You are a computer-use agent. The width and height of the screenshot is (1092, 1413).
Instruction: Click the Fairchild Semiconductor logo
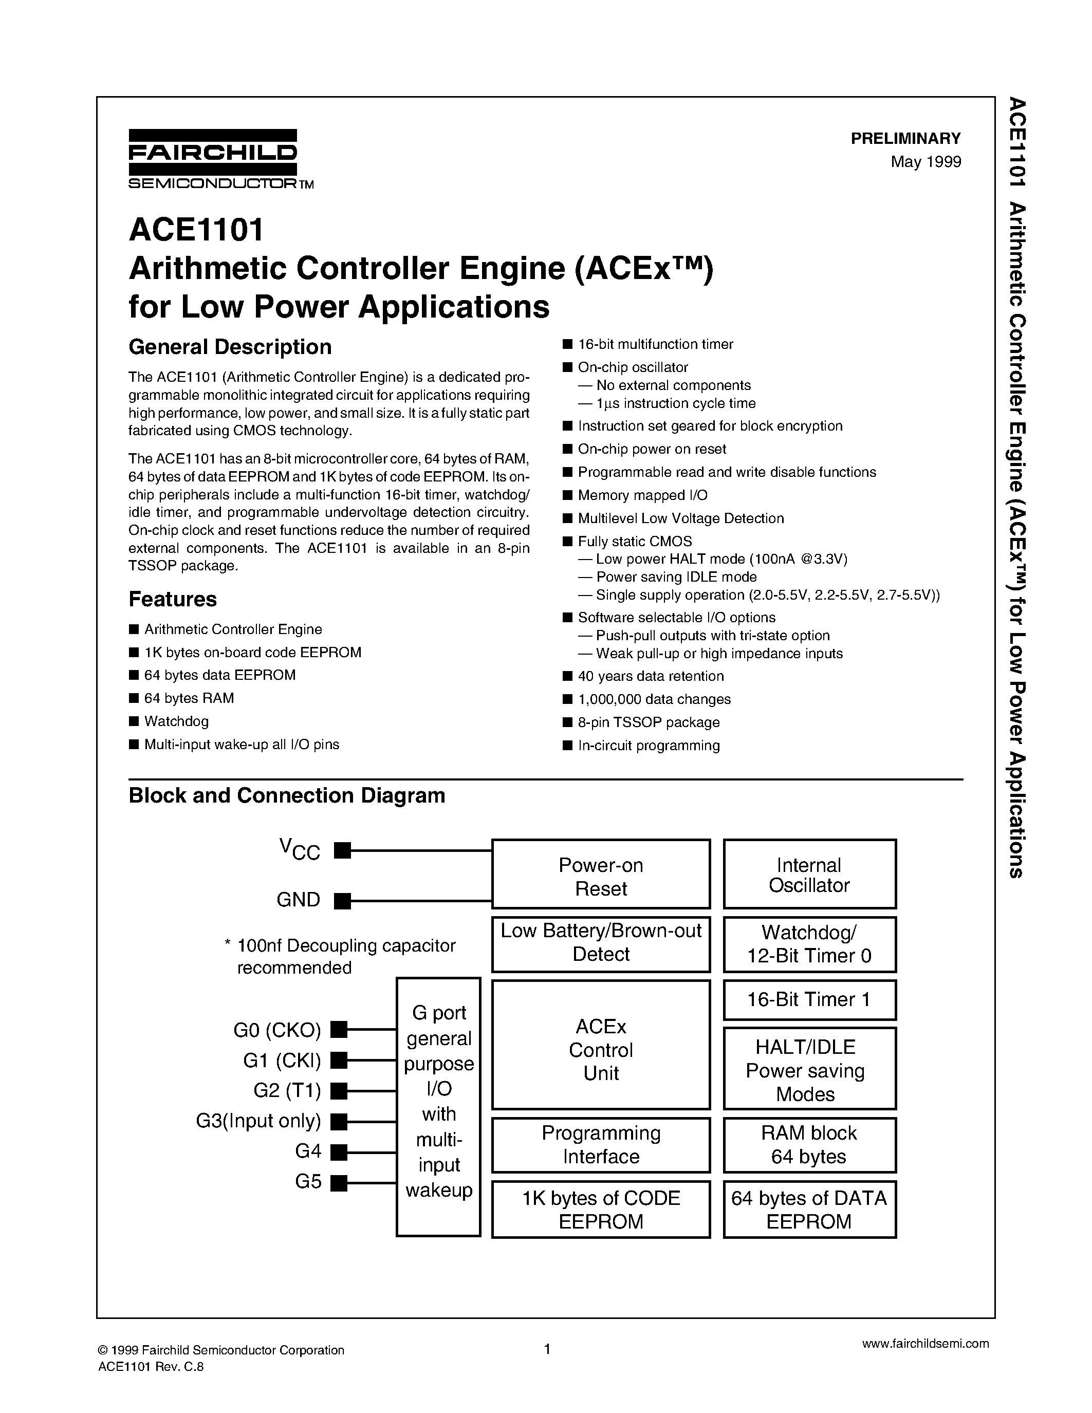click(213, 158)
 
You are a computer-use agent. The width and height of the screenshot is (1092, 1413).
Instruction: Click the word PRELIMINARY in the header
click(905, 138)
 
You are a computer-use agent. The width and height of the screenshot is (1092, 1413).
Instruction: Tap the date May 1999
click(925, 162)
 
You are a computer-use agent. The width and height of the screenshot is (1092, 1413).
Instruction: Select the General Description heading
click(230, 347)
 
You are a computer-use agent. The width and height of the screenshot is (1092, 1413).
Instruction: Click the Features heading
click(173, 599)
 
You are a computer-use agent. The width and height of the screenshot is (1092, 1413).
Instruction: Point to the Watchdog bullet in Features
click(176, 721)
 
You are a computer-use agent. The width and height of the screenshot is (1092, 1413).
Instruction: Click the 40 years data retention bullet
click(650, 676)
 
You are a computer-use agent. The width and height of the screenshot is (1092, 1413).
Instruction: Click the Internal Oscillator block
click(809, 875)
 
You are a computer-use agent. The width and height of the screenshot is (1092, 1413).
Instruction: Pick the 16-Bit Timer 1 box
click(809, 999)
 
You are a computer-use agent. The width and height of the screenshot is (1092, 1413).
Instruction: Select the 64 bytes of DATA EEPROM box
click(809, 1210)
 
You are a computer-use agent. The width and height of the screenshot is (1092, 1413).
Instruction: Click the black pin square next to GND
click(342, 901)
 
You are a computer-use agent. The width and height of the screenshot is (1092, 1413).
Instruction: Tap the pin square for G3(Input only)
click(338, 1121)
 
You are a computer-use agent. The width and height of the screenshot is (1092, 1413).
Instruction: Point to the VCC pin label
click(300, 849)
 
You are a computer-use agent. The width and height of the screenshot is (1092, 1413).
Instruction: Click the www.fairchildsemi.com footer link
click(925, 1343)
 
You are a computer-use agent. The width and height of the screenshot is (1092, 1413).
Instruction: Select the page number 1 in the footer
click(547, 1349)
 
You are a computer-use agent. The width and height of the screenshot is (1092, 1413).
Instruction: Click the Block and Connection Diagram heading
click(287, 795)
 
